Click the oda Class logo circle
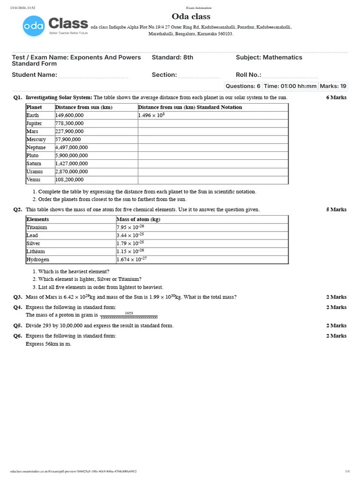click(x=34, y=26)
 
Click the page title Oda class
click(x=191, y=17)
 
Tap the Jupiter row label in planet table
click(x=34, y=123)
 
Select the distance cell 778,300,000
click(x=69, y=123)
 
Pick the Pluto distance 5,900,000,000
click(x=71, y=156)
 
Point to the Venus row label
click(x=34, y=180)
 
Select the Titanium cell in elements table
click(x=37, y=227)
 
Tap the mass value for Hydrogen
click(x=132, y=259)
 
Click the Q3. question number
click(x=18, y=297)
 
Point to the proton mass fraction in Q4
click(x=129, y=315)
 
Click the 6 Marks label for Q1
click(x=336, y=97)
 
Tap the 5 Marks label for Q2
click(x=336, y=210)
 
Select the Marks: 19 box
click(x=333, y=86)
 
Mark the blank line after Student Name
click(x=93, y=76)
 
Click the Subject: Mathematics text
click(x=269, y=57)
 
